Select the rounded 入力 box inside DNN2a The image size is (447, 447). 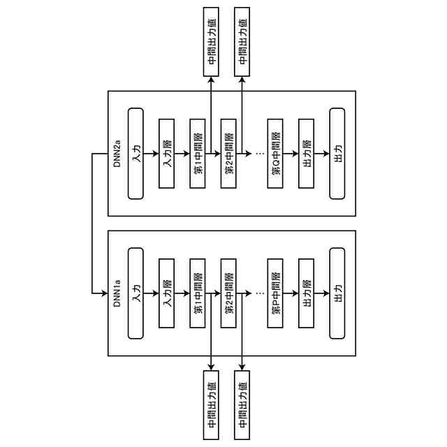click(136, 154)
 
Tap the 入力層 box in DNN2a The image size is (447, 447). click(167, 154)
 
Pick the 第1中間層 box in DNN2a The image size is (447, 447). click(198, 154)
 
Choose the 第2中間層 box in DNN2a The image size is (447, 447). click(228, 154)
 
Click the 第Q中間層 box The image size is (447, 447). click(276, 154)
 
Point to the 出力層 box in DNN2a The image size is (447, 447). click(307, 154)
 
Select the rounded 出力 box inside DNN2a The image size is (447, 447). click(337, 154)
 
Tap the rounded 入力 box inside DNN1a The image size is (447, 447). click(136, 293)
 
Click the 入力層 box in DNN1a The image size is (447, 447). click(167, 293)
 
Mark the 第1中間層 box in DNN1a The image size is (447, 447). click(198, 293)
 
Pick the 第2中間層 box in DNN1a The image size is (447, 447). click(228, 293)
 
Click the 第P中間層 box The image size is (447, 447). click(276, 293)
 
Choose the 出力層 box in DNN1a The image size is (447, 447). click(307, 293)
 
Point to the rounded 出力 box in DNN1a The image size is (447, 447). click(337, 293)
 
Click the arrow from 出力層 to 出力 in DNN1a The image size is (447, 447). click(322, 293)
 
